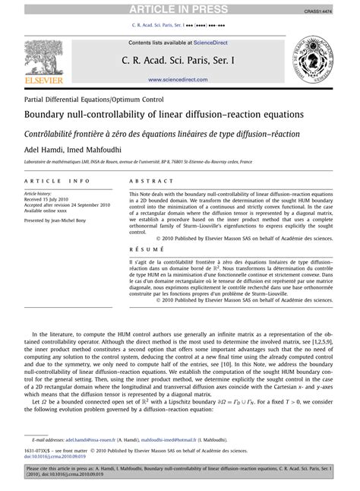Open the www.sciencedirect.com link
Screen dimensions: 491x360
click(179, 78)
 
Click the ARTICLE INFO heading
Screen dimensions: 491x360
click(57, 182)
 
